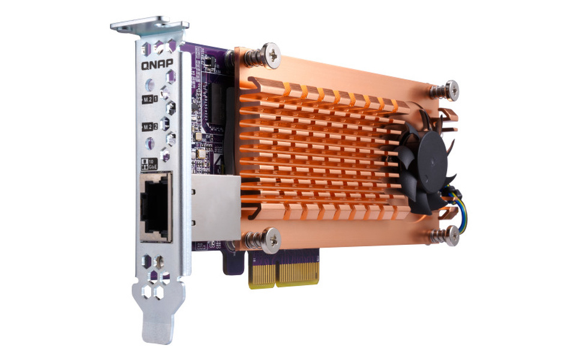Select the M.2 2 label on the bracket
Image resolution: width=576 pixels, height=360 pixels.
pos(148,127)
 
